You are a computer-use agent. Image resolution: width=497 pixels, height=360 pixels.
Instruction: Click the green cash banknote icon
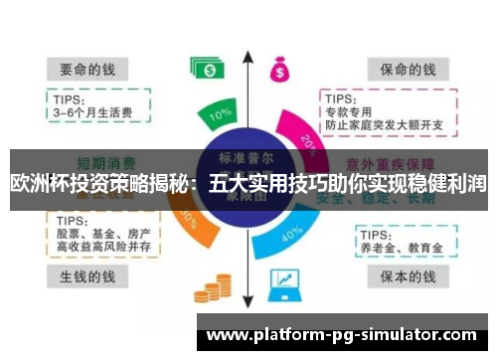coord(209,69)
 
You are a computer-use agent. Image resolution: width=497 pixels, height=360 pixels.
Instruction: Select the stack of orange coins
coord(209,291)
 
